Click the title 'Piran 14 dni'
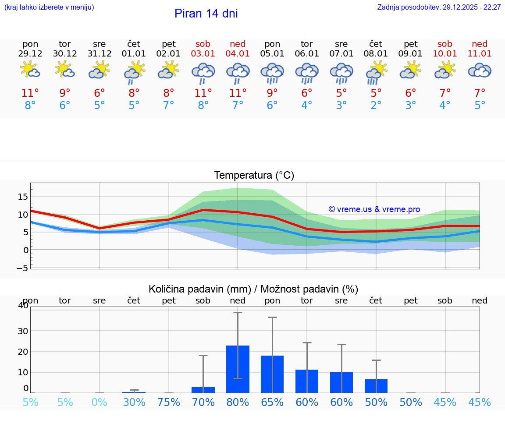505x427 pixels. click(206, 14)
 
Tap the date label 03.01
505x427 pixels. click(203, 54)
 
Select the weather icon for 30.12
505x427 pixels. click(65, 70)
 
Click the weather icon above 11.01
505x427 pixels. click(480, 71)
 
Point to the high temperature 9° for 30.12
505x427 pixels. click(65, 93)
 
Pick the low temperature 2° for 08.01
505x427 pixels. click(376, 106)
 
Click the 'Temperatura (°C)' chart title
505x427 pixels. click(254, 176)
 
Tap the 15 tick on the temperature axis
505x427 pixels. click(23, 197)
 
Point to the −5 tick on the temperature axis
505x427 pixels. click(23, 268)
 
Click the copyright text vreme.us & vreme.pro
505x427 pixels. click(374, 209)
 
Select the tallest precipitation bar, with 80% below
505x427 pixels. click(238, 369)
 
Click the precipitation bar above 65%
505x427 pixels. click(272, 374)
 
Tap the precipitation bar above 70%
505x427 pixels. click(203, 390)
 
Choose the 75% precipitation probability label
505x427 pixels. click(169, 402)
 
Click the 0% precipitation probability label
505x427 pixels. click(100, 402)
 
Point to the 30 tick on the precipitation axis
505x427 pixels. click(23, 331)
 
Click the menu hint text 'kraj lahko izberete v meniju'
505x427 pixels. click(49, 7)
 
